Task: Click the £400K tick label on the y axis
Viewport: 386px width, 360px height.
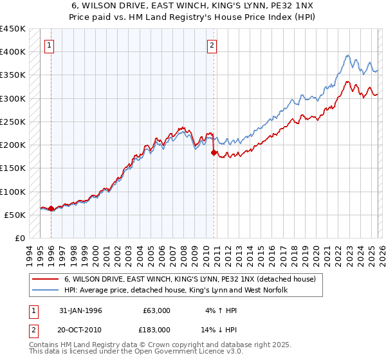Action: (x=13, y=52)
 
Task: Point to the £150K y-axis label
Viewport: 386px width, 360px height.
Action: (x=13, y=168)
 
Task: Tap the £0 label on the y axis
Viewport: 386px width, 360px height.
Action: (x=20, y=239)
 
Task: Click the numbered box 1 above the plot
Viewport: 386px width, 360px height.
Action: (x=50, y=46)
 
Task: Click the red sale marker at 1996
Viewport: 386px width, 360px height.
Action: (x=51, y=209)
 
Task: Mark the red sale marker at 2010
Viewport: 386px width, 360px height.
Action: (x=214, y=153)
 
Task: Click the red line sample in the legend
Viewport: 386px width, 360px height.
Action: (x=46, y=280)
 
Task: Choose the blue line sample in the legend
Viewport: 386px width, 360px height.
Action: (x=46, y=291)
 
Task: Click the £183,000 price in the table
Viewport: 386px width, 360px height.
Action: (x=156, y=329)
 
